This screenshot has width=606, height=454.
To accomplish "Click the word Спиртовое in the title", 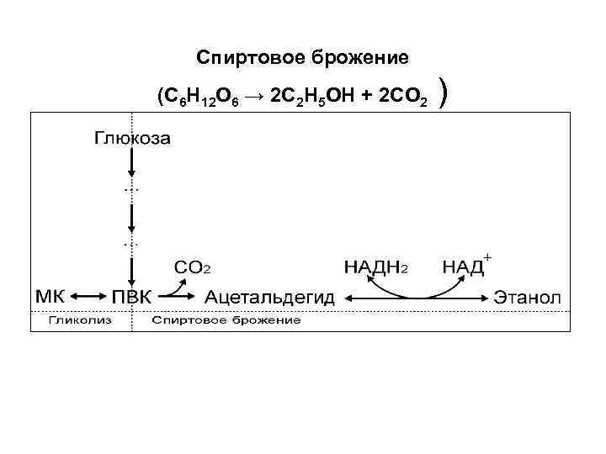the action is pyautogui.click(x=239, y=57).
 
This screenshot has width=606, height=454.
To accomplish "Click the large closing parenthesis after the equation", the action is pyautogui.click(x=444, y=94).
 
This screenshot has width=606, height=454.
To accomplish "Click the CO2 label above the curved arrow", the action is pyautogui.click(x=192, y=267).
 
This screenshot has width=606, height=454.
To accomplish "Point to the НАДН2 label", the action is pyautogui.click(x=377, y=267).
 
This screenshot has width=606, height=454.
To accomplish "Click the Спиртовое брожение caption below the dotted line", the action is pyautogui.click(x=226, y=320).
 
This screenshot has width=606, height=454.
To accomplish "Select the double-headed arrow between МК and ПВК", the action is pyautogui.click(x=87, y=297).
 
